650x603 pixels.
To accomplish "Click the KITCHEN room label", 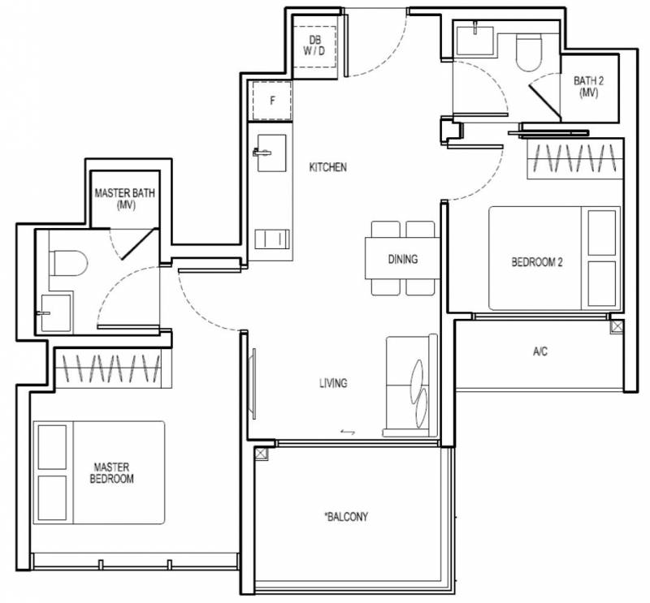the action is [327, 167].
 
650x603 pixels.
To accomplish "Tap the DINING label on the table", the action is [402, 259].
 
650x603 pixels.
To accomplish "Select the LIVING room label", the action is [333, 383].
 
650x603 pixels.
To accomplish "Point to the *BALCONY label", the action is [346, 516].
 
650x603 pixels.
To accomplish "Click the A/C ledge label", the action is [540, 351].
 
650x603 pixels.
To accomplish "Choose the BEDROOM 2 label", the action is [537, 262].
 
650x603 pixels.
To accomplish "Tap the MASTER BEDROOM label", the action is [111, 473].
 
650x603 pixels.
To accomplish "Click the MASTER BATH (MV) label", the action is [125, 198].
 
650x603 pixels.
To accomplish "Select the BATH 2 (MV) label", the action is [588, 87].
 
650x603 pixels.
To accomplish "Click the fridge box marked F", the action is [272, 101].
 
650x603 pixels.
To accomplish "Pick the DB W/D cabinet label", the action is [314, 45].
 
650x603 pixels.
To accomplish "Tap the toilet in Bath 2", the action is [529, 52].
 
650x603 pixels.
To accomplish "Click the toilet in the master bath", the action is [68, 263].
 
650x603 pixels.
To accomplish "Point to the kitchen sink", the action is [271, 153].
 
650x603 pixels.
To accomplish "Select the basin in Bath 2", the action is [475, 41].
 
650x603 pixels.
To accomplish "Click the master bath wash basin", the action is [56, 313].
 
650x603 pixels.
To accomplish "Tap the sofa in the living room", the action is [412, 386].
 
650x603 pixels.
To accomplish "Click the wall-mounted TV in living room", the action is [253, 384].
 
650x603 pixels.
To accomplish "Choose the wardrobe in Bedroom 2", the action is [575, 159].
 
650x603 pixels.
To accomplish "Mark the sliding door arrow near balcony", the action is [348, 433].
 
